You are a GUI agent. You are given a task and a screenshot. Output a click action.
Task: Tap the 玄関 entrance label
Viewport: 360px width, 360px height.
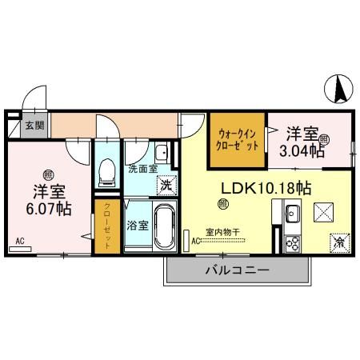34,126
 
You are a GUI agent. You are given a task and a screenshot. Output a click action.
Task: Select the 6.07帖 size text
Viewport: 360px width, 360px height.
50,209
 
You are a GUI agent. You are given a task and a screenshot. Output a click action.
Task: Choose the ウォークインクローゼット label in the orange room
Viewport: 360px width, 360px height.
237,142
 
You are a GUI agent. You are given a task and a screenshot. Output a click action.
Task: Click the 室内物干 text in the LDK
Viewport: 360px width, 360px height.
222,233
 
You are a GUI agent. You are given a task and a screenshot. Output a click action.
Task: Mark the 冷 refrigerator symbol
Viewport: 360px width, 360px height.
340,239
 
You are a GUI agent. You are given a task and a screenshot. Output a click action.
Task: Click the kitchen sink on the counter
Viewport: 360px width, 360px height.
292,213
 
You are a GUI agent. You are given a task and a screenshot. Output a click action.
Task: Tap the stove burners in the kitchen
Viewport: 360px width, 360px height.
292,242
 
